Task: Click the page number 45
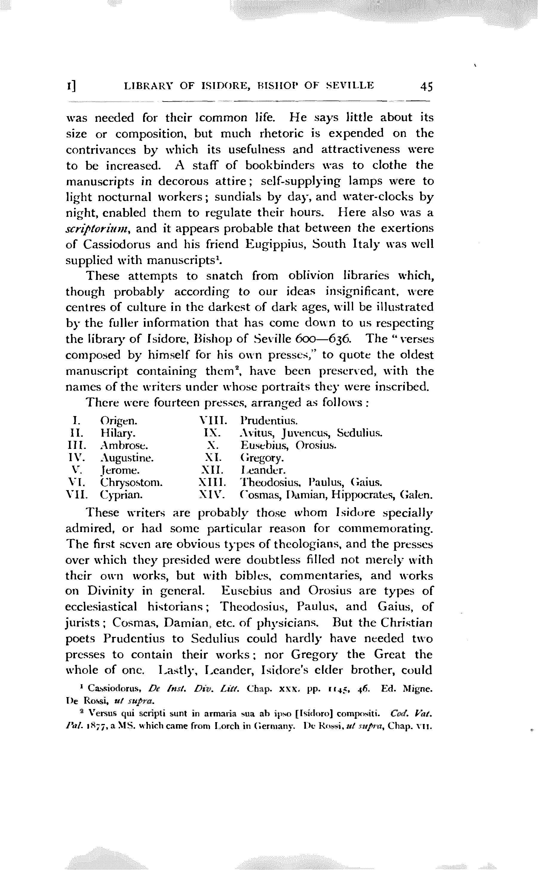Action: coord(426,86)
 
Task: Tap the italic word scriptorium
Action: coord(98,229)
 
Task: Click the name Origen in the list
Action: coord(119,421)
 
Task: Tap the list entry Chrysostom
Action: coord(131,483)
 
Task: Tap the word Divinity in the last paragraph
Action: coord(111,591)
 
